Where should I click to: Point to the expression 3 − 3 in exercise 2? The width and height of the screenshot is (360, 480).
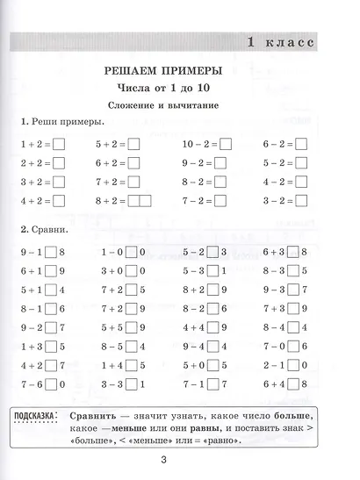[111, 384]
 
